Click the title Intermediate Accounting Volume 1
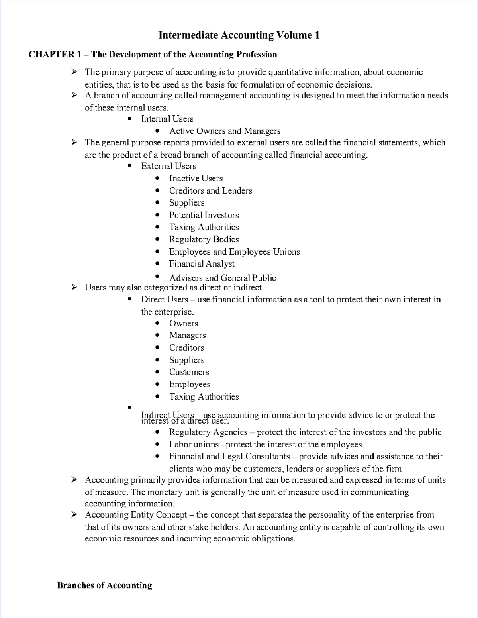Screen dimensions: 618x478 click(239, 35)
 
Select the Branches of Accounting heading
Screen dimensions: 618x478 click(104, 585)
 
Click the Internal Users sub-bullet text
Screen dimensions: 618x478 click(167, 119)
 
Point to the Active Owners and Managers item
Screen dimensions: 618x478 click(225, 131)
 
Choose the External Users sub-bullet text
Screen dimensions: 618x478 click(168, 166)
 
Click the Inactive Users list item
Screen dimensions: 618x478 click(196, 179)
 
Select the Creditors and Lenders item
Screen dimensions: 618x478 click(210, 191)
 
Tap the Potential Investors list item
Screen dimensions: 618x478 click(204, 215)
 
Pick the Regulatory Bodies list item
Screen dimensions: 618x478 click(204, 239)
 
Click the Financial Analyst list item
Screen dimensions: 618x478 click(202, 264)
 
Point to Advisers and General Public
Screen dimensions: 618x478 click(222, 278)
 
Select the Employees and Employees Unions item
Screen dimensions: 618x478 click(234, 252)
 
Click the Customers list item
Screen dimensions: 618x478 click(189, 372)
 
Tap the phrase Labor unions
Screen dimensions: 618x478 click(194, 445)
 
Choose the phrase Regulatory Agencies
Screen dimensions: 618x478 click(208, 432)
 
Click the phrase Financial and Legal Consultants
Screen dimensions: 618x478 click(229, 457)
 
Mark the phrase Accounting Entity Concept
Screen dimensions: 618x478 click(136, 515)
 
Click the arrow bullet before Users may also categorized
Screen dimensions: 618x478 click(74, 287)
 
